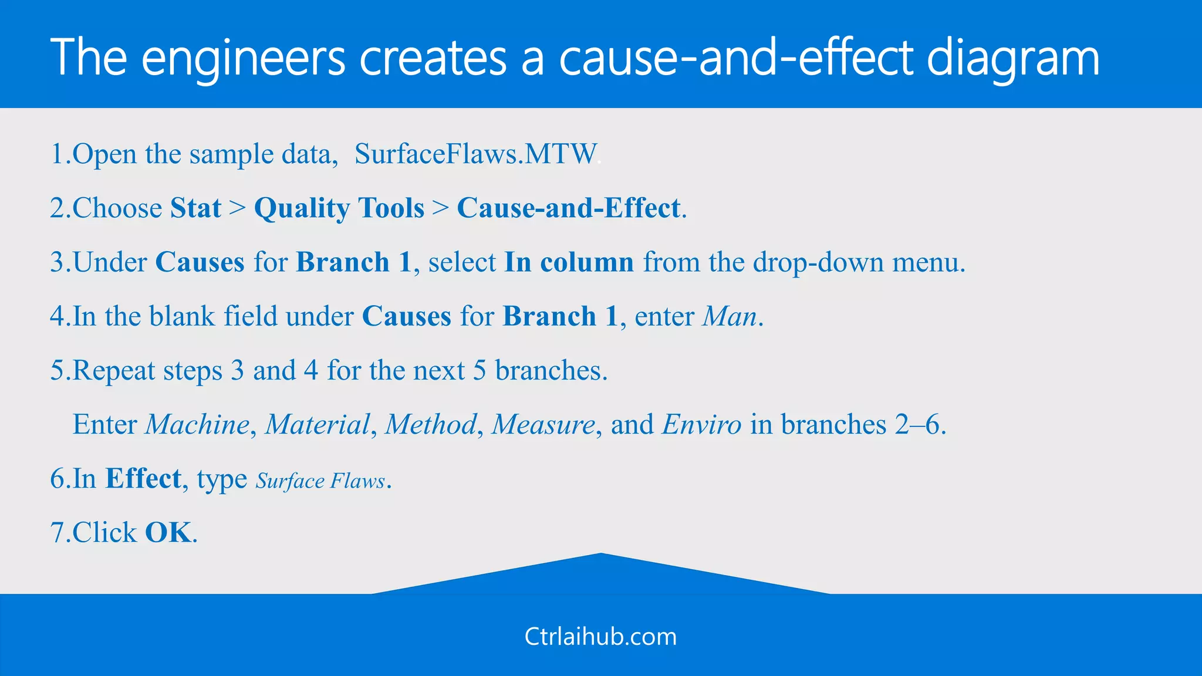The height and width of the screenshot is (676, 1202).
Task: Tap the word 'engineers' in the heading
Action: (x=243, y=59)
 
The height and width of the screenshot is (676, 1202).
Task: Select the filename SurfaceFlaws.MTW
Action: (x=475, y=154)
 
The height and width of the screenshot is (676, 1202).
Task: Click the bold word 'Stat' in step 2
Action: (x=195, y=208)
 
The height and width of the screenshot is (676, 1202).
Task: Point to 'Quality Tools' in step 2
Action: (x=339, y=208)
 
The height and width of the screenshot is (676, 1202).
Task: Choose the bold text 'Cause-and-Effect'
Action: (x=568, y=208)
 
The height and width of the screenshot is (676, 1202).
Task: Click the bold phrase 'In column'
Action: (x=569, y=262)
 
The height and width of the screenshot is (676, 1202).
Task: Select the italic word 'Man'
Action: (x=730, y=317)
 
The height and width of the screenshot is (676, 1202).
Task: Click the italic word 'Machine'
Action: (x=197, y=425)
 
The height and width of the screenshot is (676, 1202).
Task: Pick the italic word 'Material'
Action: (x=318, y=425)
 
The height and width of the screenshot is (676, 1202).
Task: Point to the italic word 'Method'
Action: (x=430, y=425)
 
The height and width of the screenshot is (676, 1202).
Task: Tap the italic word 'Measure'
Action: (x=543, y=425)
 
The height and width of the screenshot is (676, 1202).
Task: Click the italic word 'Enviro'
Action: (x=701, y=425)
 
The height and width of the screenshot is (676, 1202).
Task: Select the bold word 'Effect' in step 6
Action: (x=143, y=479)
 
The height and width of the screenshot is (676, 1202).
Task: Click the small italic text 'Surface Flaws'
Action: (x=320, y=481)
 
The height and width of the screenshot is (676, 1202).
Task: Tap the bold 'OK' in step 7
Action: (x=168, y=533)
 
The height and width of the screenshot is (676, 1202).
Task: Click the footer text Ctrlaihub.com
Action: (x=600, y=637)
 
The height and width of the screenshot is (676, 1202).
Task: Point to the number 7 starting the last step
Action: (x=57, y=533)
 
